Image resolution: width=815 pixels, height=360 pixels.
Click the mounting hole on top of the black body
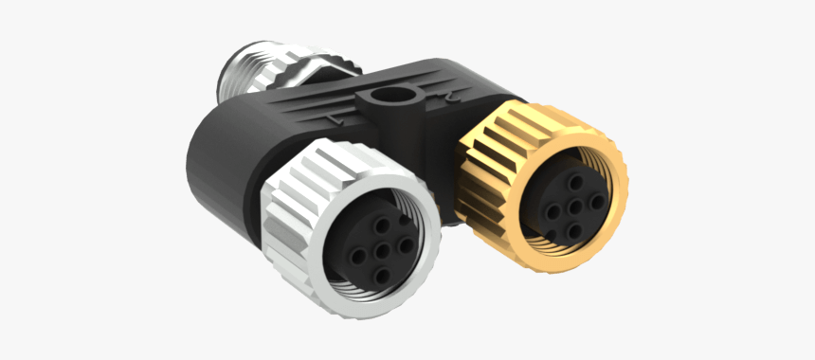click(387, 97)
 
